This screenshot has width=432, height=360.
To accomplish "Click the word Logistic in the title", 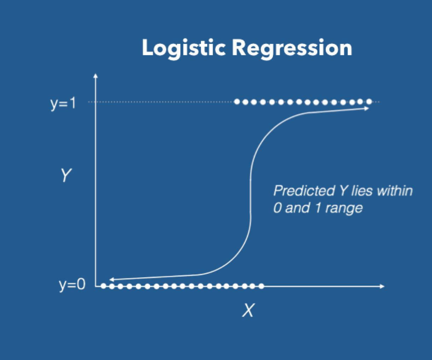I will [x=183, y=49].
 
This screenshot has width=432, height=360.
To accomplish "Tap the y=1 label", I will [x=63, y=103].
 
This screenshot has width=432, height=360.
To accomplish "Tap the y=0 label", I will [x=72, y=285].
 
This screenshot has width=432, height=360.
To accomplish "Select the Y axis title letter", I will [x=65, y=175].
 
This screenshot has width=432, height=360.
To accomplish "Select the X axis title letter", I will [x=247, y=311].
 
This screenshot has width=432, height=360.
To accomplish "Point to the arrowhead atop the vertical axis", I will [x=96, y=76].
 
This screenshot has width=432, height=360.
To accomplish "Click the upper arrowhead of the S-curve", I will [x=367, y=109].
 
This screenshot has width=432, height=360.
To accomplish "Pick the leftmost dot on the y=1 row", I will [x=237, y=102].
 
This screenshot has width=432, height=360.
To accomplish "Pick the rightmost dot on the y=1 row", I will [x=369, y=102].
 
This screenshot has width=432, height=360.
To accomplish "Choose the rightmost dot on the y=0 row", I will [x=262, y=286].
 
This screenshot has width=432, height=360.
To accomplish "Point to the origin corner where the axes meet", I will [x=96, y=286].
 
